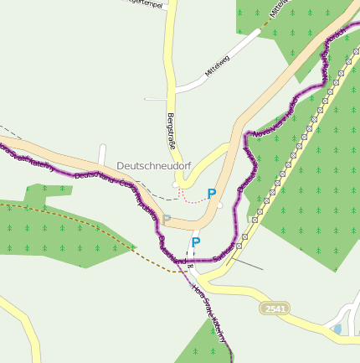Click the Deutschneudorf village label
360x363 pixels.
(x=154, y=166)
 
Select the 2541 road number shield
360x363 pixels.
(x=275, y=309)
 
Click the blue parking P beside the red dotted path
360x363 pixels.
(x=212, y=194)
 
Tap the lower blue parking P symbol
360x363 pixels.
(x=195, y=243)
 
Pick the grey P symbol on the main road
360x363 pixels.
(x=167, y=219)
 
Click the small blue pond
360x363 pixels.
(x=337, y=329)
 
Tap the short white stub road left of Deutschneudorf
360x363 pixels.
(x=101, y=154)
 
